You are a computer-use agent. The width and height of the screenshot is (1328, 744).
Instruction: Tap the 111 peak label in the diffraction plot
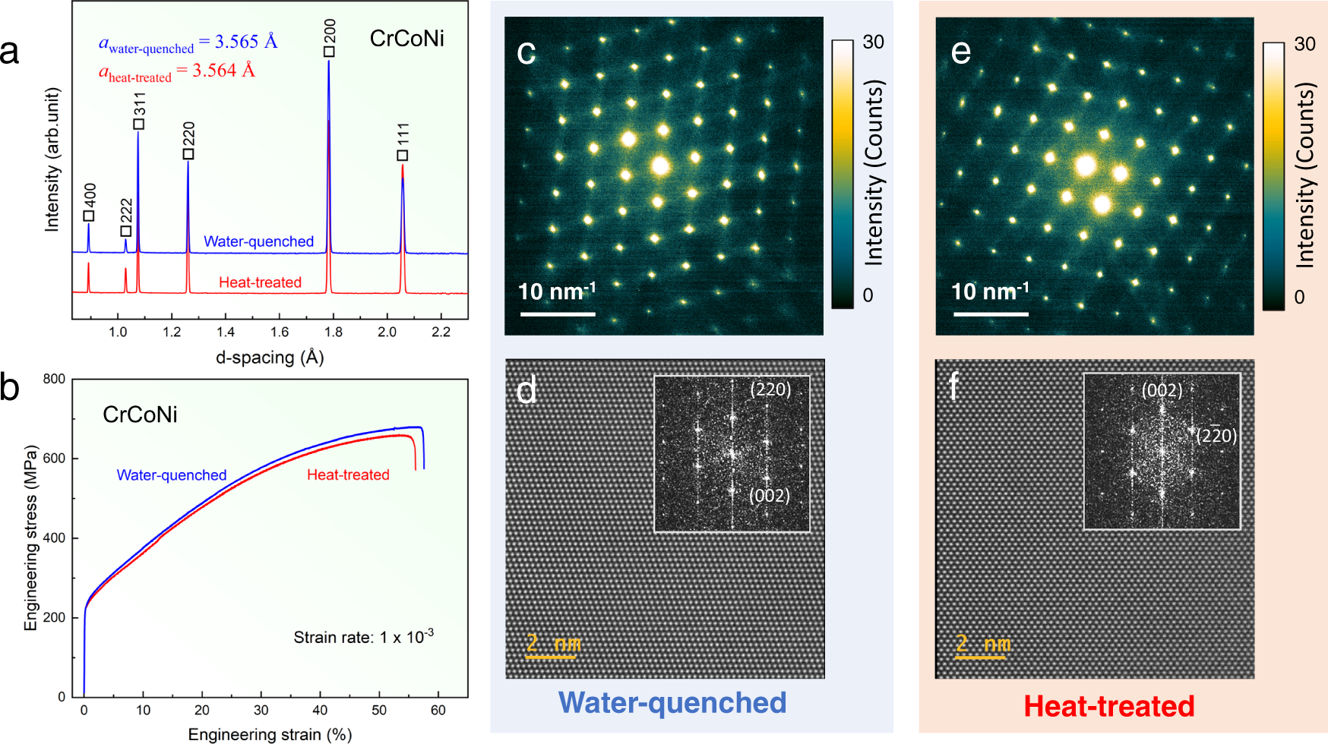tap(403, 135)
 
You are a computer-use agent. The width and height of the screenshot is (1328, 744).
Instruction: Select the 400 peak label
tap(90, 195)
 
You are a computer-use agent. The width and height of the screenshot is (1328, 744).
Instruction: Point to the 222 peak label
tap(126, 211)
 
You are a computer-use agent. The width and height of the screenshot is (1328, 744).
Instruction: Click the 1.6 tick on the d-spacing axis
tap(279, 332)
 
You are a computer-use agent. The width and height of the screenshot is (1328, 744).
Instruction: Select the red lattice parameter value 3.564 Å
tap(223, 71)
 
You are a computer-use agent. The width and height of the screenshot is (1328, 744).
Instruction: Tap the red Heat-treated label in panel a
tap(260, 282)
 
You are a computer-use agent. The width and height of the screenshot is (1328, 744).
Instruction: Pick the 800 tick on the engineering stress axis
tap(54, 379)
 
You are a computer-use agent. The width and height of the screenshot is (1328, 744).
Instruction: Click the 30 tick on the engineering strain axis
tap(261, 710)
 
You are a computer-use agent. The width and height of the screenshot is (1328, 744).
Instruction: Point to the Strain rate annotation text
tap(364, 636)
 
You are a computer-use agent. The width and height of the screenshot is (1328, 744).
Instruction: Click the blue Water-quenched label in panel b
tap(172, 475)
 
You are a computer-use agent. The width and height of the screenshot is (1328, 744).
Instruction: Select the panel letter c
tap(526, 52)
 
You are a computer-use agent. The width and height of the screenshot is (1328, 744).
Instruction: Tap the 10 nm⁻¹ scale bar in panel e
tap(990, 314)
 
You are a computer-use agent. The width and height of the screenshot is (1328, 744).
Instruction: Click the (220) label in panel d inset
tap(770, 389)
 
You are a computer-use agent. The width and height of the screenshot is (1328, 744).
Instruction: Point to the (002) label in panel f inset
tap(1162, 390)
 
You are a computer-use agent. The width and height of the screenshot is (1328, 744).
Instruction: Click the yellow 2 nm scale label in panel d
tap(552, 644)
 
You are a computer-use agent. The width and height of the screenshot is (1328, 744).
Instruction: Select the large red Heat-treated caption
tap(1109, 706)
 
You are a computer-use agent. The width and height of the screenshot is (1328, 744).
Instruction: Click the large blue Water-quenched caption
tap(672, 703)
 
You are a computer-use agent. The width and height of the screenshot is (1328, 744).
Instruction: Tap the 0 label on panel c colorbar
tap(868, 295)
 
